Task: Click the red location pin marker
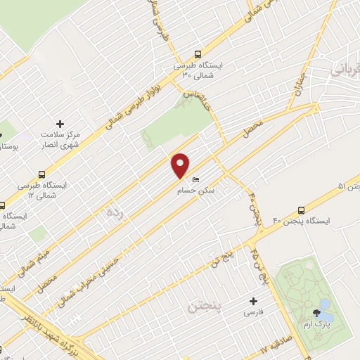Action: (x=181, y=165)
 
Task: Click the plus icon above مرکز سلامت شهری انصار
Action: (x=60, y=124)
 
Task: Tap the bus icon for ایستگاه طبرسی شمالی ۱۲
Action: (x=42, y=174)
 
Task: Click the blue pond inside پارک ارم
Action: (x=323, y=306)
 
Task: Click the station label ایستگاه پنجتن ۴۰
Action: (x=326, y=221)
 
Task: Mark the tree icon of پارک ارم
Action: (x=314, y=316)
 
